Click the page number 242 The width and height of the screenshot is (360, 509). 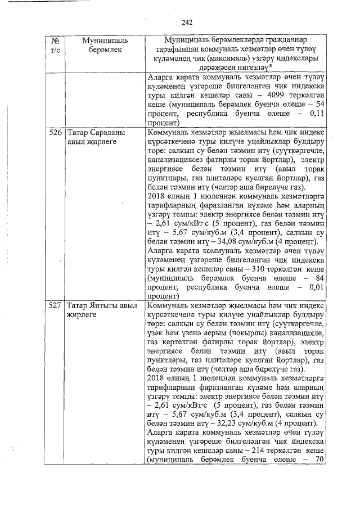point(187,22)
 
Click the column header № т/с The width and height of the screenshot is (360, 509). point(55,46)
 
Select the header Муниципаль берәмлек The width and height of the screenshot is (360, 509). point(105,46)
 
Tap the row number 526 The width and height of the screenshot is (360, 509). point(55,133)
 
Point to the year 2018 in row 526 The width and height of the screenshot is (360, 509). point(156,199)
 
